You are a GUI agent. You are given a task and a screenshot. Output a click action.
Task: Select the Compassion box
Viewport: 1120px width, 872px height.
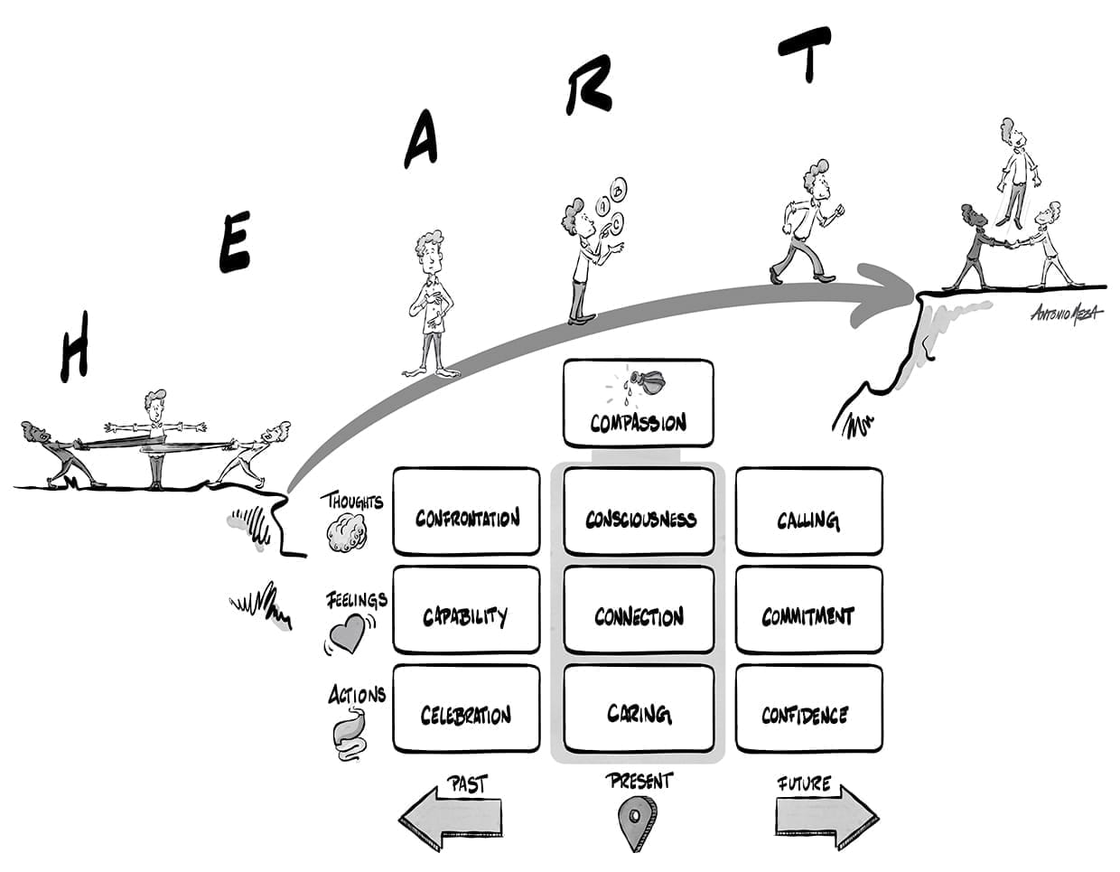[x=638, y=403]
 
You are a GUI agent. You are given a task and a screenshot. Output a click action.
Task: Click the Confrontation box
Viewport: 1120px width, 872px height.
[x=466, y=511]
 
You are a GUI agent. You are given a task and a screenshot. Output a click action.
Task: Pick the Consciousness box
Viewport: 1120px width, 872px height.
[x=639, y=511]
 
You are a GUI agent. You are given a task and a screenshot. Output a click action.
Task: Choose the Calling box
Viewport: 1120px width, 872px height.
[x=808, y=511]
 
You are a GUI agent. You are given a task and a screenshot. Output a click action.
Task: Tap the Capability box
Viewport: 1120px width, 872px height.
[x=466, y=610]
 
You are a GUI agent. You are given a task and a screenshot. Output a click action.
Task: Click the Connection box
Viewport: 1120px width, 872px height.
[x=639, y=610]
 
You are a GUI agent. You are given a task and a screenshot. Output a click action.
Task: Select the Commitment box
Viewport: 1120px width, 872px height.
[x=808, y=610]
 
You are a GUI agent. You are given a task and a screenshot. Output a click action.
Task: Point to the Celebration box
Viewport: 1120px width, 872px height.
[x=466, y=709]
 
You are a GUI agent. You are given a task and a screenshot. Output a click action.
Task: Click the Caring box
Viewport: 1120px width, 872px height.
[x=639, y=709]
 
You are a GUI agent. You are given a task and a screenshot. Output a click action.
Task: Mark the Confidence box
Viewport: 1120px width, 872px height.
[x=808, y=709]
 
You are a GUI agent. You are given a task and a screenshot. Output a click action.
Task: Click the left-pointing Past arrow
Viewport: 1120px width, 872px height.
[x=450, y=818]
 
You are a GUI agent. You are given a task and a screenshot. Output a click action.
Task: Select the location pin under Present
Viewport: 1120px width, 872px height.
[x=637, y=821]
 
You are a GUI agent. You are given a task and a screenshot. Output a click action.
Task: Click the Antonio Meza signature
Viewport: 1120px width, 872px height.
[x=1066, y=313]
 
